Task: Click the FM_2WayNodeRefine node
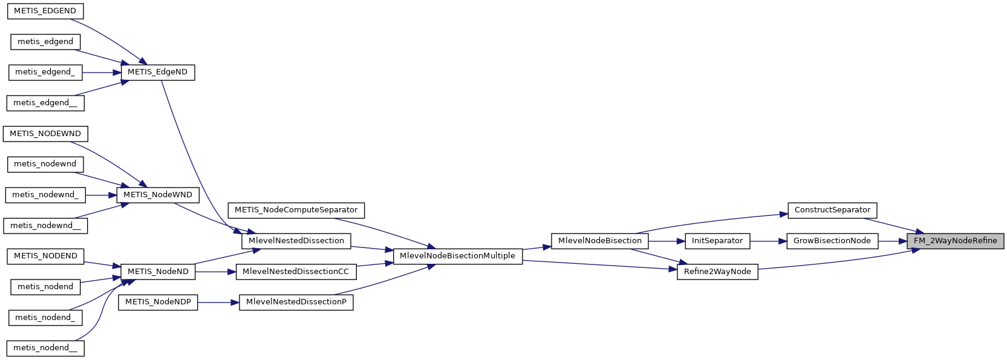point(955,241)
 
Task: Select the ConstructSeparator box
point(832,210)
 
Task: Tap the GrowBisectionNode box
point(832,241)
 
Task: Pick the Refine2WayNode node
point(717,272)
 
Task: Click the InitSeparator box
point(717,241)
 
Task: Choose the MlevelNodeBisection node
point(599,241)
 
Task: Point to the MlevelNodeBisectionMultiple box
point(457,256)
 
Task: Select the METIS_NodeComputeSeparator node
point(296,210)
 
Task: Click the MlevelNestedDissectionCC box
point(296,272)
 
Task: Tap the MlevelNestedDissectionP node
point(296,302)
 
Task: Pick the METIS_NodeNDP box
point(158,302)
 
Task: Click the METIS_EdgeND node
point(157,72)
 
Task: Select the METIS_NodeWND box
point(157,195)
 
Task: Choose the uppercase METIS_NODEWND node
point(45,134)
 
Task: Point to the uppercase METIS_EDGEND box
point(45,11)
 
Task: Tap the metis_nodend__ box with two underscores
point(45,348)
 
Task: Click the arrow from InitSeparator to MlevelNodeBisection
point(666,241)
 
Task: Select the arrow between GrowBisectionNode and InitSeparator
point(768,241)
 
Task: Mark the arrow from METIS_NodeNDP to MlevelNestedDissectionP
point(218,302)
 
